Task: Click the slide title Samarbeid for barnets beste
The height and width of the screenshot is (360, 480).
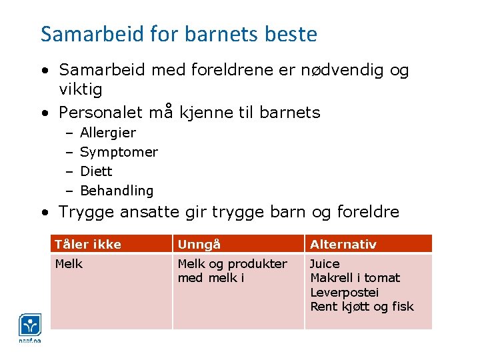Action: pos(179,34)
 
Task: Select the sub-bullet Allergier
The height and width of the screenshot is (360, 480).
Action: pos(107,133)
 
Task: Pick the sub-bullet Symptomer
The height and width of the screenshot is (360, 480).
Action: pos(119,152)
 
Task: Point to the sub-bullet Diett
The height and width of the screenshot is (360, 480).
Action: pos(96,171)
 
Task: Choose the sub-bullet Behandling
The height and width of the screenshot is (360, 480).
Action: pos(117,191)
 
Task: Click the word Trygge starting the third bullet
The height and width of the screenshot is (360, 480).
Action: pos(86,212)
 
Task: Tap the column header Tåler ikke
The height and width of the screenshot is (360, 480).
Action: pos(88,244)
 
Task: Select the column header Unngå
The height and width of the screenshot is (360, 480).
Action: pos(199,244)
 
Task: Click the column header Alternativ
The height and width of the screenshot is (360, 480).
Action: pos(343,244)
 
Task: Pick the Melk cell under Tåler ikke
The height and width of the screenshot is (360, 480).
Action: pos(69,263)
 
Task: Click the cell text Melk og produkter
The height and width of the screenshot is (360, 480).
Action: pos(232,263)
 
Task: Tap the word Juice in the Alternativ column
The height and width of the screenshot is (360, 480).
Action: pos(325,263)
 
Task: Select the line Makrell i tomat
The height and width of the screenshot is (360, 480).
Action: pos(355,278)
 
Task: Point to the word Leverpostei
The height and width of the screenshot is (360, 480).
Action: pos(344,293)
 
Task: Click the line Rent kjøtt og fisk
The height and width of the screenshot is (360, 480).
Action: pos(361,307)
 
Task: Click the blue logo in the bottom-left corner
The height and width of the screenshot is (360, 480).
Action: pos(30,327)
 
